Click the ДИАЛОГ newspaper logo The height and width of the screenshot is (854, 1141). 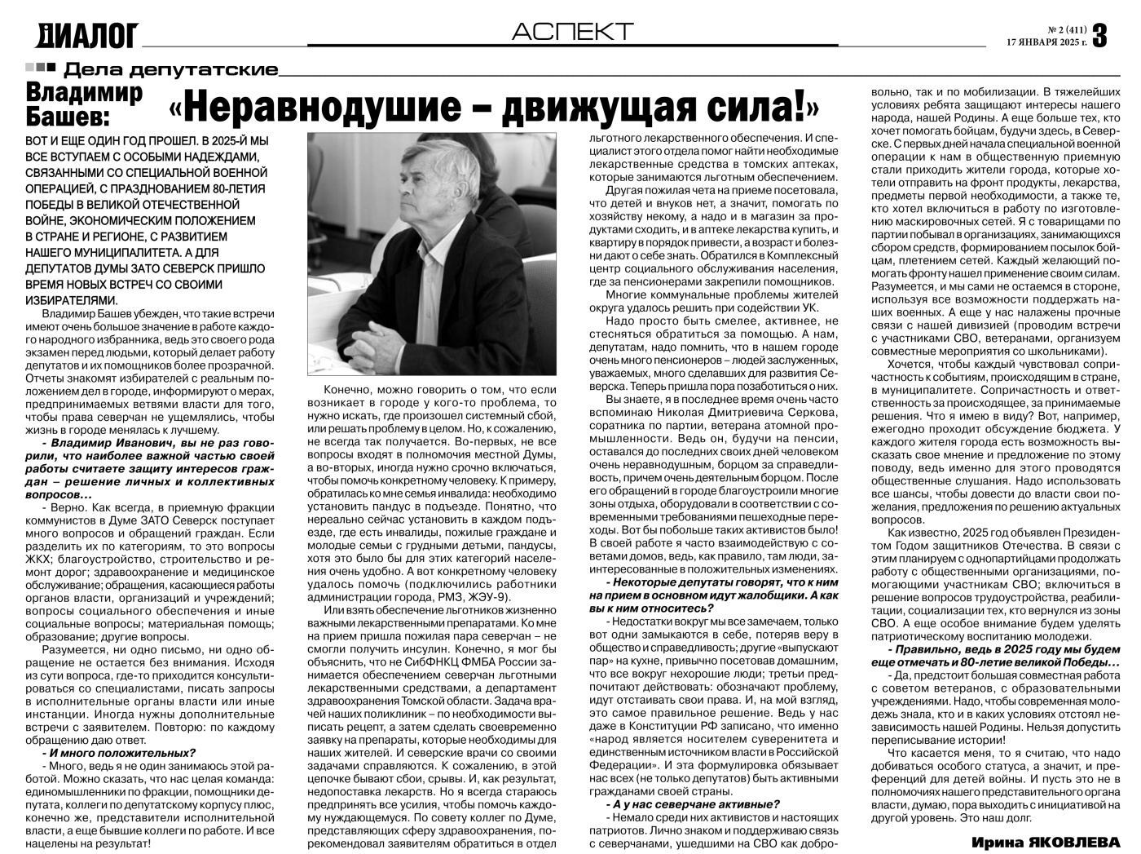click(87, 34)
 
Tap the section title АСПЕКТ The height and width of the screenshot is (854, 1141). click(572, 31)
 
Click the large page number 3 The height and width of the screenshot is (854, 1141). click(1100, 34)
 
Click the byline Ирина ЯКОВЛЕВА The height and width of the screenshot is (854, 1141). click(1046, 841)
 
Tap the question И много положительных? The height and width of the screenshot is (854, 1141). click(118, 753)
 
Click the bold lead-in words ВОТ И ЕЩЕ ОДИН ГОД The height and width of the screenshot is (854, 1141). click(90, 142)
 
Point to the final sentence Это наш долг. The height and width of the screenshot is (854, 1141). click(992, 818)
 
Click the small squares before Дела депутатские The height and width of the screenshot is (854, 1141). click(40, 68)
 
